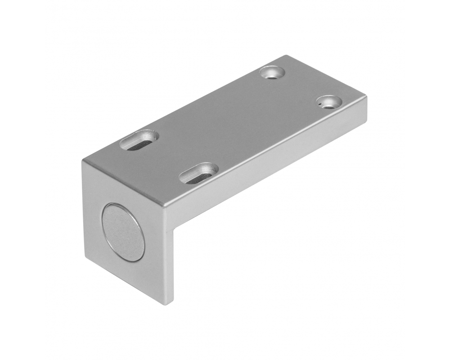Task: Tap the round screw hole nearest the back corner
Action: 273,72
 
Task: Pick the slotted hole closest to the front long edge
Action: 198,174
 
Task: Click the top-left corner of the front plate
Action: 82,161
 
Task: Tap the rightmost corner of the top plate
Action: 367,98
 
